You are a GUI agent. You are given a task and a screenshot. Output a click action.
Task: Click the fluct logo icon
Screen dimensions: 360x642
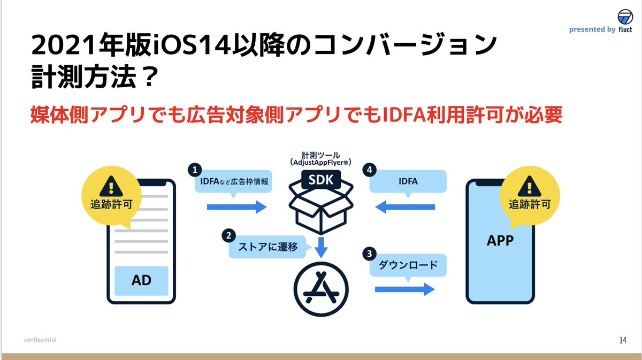coord(625,16)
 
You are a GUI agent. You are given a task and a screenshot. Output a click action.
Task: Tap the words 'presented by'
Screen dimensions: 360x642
coord(592,30)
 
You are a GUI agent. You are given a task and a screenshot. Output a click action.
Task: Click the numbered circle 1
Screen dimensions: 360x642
coord(194,170)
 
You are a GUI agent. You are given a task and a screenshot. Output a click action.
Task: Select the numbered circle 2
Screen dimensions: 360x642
coord(228,235)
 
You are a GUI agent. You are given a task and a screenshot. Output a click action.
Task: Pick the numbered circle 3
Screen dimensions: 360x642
coord(369,252)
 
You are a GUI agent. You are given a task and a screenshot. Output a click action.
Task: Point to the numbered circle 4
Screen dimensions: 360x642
coord(369,170)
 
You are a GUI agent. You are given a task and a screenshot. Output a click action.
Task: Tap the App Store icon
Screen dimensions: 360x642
coord(321,289)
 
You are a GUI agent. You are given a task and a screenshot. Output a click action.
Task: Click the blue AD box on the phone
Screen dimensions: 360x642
coord(142,281)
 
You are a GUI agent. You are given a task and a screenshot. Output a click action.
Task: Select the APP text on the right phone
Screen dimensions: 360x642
coord(500,241)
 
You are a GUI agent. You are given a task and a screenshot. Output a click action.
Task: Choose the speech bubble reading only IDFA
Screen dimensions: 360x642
coord(408,182)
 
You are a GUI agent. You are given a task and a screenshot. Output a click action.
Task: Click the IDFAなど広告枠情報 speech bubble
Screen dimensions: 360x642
coord(233,182)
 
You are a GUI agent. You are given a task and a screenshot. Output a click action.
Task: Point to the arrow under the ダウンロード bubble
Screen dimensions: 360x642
coord(404,289)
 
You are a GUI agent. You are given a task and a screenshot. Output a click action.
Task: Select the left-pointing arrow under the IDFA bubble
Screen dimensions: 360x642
coord(405,207)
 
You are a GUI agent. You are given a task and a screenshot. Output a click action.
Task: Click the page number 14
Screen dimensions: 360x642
coord(622,340)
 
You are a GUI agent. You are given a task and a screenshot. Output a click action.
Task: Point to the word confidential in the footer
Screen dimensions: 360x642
coord(40,340)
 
